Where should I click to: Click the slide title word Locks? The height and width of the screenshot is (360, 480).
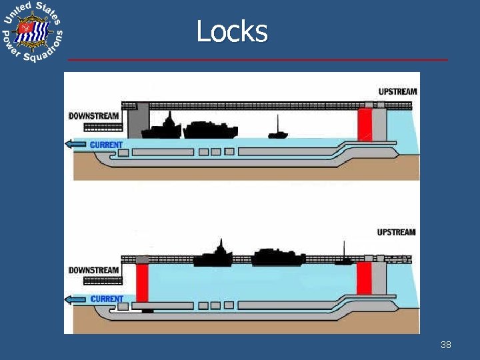232,31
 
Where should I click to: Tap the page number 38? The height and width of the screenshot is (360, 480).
446,345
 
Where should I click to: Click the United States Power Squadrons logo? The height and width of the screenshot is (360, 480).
32,33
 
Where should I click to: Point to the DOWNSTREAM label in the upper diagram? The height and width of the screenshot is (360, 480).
94,116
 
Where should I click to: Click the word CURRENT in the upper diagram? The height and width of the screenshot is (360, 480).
106,145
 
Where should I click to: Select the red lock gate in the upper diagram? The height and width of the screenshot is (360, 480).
364,125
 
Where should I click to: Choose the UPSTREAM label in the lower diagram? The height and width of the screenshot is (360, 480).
396,233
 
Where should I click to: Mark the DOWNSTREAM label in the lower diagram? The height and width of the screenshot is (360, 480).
93,270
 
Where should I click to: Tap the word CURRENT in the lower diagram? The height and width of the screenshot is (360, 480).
107,299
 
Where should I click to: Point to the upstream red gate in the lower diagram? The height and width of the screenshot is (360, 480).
363,278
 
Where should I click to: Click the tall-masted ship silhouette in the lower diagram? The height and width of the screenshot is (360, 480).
220,255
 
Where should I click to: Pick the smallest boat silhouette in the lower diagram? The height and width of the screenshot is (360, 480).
344,261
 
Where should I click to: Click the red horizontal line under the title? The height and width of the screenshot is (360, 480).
258,60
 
